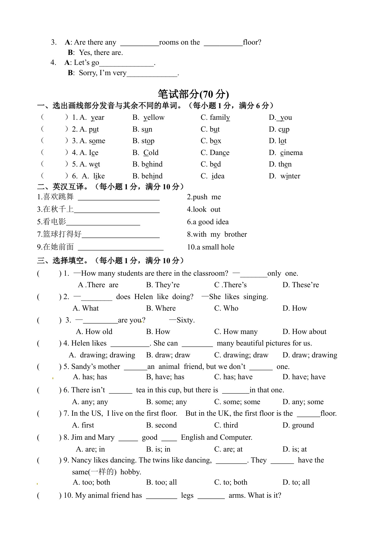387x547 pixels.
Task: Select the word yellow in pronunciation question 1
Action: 154,118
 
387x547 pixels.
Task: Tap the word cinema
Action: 291,152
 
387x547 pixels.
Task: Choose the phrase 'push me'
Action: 204,197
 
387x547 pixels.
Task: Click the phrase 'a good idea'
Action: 208,222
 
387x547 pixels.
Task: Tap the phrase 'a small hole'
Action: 210,247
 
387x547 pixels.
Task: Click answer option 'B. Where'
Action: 161,308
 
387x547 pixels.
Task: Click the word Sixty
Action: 186,320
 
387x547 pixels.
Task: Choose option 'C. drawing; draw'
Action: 241,355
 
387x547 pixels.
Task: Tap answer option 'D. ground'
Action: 298,425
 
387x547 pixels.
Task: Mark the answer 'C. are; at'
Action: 228,449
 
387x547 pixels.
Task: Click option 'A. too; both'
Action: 91,482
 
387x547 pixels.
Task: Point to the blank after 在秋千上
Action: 117,210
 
